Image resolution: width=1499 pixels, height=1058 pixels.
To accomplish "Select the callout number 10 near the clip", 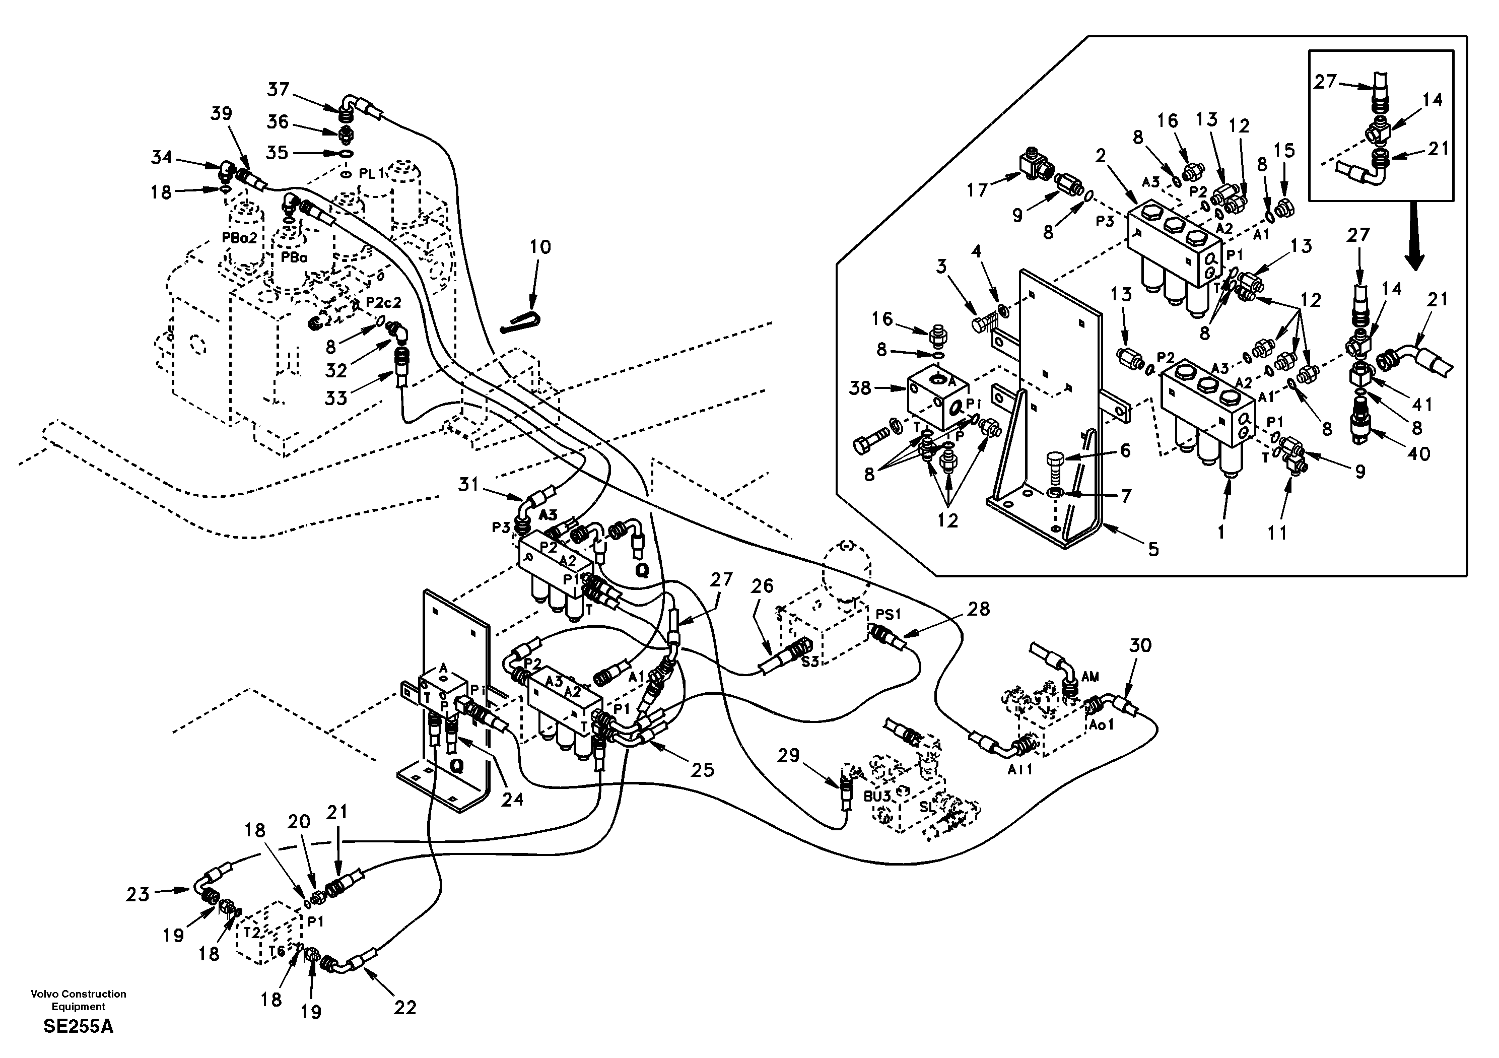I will pyautogui.click(x=540, y=247).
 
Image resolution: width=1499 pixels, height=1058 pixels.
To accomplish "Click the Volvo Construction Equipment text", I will pyautogui.click(x=79, y=1000).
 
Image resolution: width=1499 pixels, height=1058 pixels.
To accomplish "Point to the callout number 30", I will pyautogui.click(x=1140, y=645).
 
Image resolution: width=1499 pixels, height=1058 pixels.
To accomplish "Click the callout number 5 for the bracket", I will pyautogui.click(x=1153, y=549).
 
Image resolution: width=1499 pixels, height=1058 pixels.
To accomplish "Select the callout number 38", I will pyautogui.click(x=860, y=388).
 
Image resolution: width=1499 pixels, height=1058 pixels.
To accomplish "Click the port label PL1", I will pyautogui.click(x=372, y=174).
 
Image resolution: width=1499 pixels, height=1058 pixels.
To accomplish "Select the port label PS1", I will pyautogui.click(x=888, y=614).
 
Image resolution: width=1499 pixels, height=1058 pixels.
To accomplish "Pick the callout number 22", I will pyautogui.click(x=405, y=1008).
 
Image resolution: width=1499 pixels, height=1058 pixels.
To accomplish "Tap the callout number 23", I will pyautogui.click(x=138, y=894).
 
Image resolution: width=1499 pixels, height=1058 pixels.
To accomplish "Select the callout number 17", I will pyautogui.click(x=977, y=190).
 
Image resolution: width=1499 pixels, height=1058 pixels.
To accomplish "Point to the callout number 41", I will pyautogui.click(x=1421, y=404).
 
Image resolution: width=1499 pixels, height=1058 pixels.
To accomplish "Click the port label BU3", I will pyautogui.click(x=877, y=797).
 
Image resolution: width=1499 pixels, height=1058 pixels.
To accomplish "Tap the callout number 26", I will pyautogui.click(x=762, y=586).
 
